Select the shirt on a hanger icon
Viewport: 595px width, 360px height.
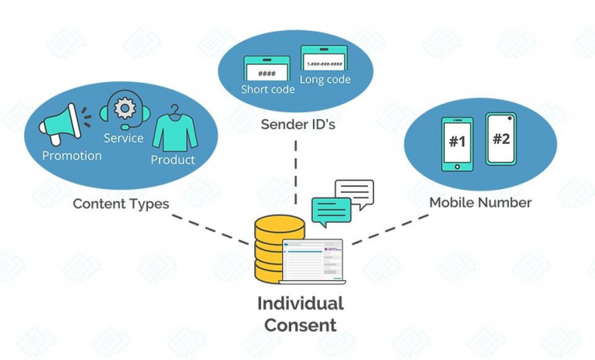click(174, 129)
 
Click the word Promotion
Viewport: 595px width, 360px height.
click(71, 156)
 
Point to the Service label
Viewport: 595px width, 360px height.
click(123, 138)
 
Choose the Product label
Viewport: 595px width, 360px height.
click(173, 159)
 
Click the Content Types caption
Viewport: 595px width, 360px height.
click(121, 204)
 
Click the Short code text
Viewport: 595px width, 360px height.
click(267, 89)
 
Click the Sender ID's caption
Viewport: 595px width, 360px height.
click(297, 125)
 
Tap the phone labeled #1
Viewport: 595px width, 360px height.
click(456, 144)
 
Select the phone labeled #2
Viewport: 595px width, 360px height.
click(501, 139)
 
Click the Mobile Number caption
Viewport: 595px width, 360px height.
click(480, 203)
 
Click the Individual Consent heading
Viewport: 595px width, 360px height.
click(300, 314)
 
